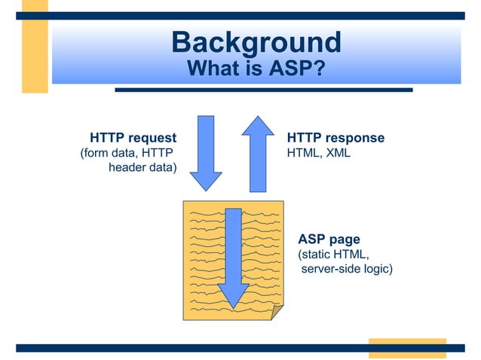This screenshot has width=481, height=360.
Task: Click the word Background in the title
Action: point(256,42)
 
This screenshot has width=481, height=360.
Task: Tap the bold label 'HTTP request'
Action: point(133,139)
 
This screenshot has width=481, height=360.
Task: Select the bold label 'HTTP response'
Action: point(335,139)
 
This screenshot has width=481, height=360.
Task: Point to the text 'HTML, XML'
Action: point(319,154)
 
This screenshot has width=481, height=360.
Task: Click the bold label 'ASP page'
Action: point(329,240)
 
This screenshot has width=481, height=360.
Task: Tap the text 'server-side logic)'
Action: point(347,268)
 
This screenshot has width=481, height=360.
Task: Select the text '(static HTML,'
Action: point(334,254)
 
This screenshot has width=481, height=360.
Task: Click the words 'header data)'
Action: point(142,167)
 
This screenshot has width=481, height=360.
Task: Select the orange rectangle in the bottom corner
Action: point(407,348)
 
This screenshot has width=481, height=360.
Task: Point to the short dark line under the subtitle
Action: point(263,90)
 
